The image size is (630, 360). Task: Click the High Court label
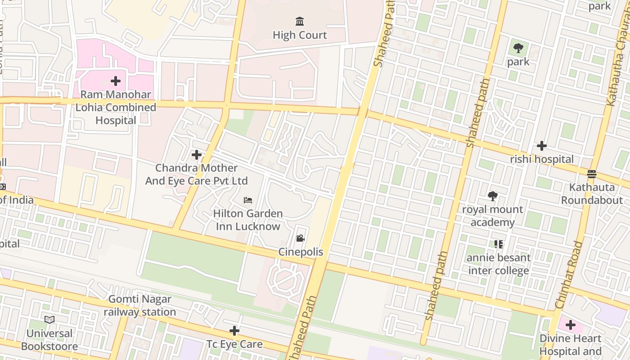[x=300, y=35]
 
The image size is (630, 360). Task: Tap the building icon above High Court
[x=300, y=21]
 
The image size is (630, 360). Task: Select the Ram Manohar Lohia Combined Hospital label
[x=116, y=108]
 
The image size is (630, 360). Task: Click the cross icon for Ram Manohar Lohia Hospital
[x=116, y=81]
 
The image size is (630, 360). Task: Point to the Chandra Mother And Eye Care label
[x=196, y=174]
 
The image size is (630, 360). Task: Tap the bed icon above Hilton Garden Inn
[x=248, y=200]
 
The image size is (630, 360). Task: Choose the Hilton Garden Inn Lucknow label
[x=248, y=220]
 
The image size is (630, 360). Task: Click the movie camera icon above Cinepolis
[x=300, y=238]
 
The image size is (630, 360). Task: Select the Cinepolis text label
[x=301, y=252]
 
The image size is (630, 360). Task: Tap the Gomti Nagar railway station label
[x=139, y=306]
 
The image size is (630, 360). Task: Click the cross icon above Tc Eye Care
[x=234, y=331]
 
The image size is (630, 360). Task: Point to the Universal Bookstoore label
[x=49, y=340]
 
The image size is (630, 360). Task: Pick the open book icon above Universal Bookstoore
[x=49, y=319]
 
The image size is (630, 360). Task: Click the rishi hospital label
[x=542, y=159]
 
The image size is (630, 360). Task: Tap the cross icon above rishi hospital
[x=542, y=146]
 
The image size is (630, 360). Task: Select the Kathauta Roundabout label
[x=592, y=193]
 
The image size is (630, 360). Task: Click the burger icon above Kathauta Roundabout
[x=592, y=174]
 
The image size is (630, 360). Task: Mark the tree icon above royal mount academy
[x=493, y=196]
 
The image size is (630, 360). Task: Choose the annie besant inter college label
[x=499, y=264]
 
